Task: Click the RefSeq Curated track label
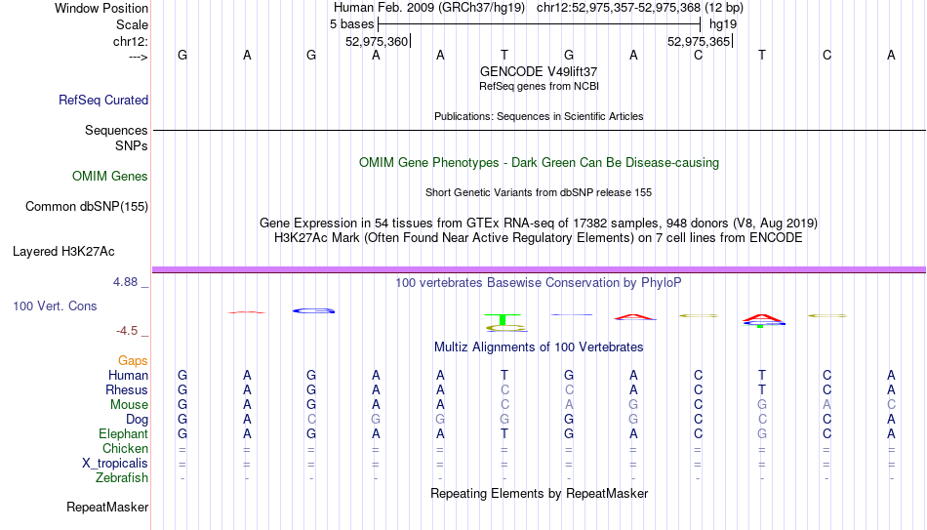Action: point(102,100)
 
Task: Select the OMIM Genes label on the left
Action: point(110,177)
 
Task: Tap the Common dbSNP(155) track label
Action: point(86,207)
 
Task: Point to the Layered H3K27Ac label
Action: point(63,252)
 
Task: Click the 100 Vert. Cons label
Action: point(55,306)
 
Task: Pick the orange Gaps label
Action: point(133,361)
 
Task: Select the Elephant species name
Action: point(123,433)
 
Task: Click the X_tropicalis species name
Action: point(115,464)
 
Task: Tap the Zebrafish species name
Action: point(122,477)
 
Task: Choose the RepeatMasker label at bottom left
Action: point(107,507)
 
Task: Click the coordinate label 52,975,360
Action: point(377,41)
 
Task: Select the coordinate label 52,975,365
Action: point(699,41)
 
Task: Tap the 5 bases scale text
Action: point(351,24)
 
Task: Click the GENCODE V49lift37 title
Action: point(539,71)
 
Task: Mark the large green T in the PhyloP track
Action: point(503,319)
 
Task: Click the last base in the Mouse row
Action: point(891,405)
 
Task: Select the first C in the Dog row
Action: point(311,420)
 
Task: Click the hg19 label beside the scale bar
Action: point(723,24)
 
